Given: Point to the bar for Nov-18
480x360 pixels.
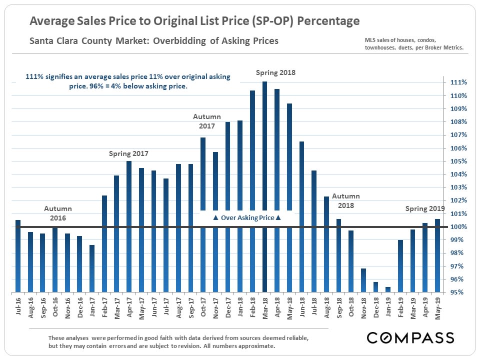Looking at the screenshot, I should [363, 280].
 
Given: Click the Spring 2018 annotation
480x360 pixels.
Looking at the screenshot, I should [275, 72].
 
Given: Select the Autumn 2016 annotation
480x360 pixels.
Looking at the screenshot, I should [58, 213].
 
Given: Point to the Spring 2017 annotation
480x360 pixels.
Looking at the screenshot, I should [128, 153].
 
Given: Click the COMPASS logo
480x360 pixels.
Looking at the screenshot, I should [410, 337].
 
